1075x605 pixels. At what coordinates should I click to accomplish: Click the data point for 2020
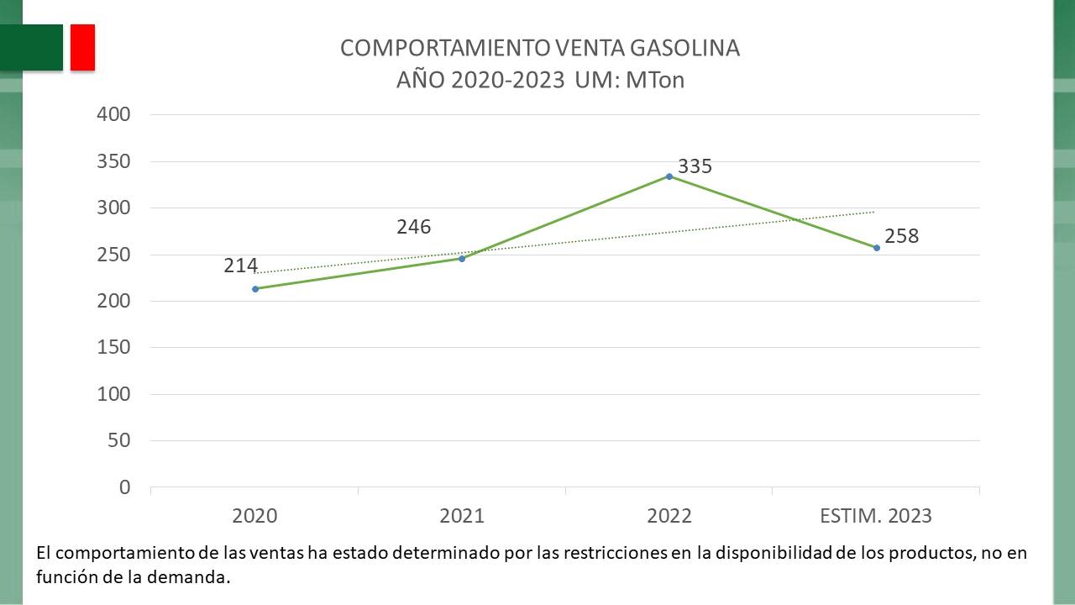tap(255, 288)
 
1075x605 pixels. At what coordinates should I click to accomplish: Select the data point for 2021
tap(462, 258)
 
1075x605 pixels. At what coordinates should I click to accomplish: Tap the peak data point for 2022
tap(669, 176)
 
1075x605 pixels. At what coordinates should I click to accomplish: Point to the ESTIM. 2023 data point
tap(877, 247)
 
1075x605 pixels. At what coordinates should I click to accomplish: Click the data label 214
tap(240, 266)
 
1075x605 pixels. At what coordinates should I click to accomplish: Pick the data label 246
tap(413, 227)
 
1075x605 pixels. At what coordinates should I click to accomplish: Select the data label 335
tap(695, 166)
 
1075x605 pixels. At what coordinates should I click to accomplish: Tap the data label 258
tap(901, 236)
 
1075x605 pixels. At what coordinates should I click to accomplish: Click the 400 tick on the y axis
tap(115, 114)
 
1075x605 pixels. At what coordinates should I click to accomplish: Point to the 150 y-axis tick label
tap(115, 347)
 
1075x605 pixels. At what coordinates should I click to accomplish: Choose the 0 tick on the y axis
tap(125, 487)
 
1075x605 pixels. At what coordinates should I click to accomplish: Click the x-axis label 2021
tap(462, 516)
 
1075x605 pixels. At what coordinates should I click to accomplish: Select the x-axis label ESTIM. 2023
tap(876, 516)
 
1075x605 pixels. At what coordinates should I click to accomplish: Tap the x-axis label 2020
tap(254, 516)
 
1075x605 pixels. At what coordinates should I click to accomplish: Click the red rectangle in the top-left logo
tap(82, 47)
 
